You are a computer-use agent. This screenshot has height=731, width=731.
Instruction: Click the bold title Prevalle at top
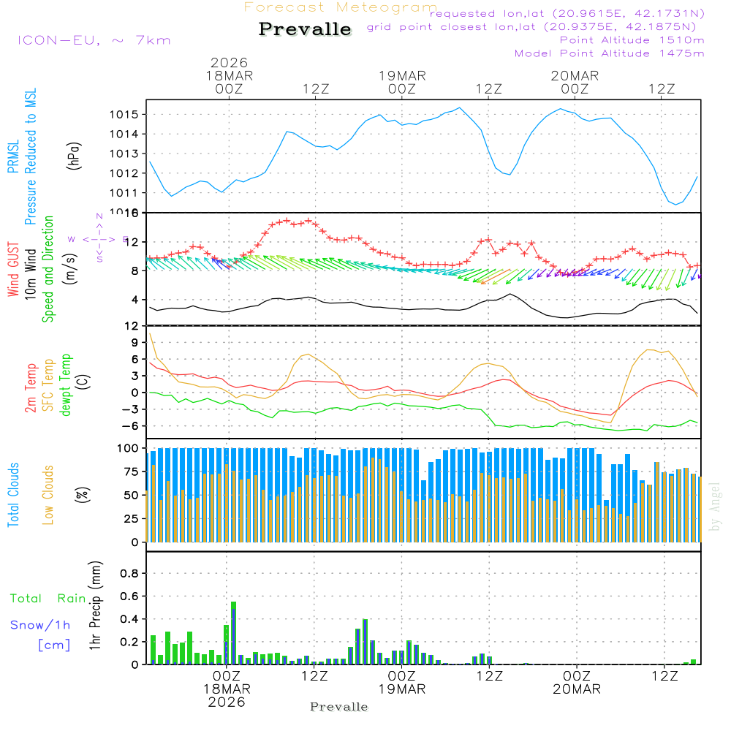(305, 29)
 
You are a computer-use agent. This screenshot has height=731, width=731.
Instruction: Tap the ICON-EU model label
(93, 40)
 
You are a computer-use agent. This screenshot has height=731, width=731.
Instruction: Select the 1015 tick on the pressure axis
(125, 115)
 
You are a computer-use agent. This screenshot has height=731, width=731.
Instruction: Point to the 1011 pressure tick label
(125, 193)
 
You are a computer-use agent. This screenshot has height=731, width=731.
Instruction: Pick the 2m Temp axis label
(31, 386)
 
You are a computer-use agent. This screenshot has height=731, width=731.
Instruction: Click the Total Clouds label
(13, 495)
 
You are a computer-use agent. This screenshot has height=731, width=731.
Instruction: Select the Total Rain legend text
(48, 598)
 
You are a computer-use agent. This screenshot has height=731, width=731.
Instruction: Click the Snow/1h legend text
(41, 625)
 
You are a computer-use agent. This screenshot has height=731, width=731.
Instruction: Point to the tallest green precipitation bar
(233, 632)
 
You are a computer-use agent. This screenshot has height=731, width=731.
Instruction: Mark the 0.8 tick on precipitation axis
(129, 574)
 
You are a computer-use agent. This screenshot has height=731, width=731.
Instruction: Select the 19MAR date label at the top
(402, 76)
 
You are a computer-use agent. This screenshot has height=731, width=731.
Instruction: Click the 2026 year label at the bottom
(227, 702)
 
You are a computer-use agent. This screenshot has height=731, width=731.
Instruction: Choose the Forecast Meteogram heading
(341, 8)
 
